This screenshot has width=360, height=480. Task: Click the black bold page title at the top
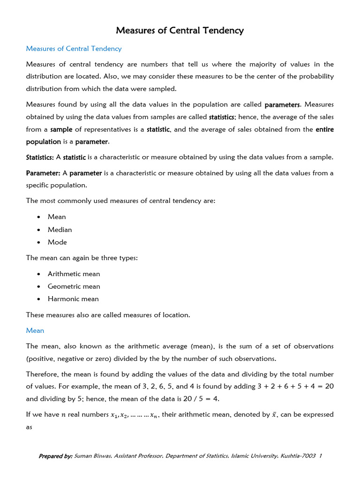tap(180, 31)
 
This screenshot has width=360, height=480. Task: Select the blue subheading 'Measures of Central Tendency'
tap(74, 49)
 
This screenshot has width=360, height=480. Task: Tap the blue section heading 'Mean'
tap(35, 330)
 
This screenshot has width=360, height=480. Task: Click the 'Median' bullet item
tap(60, 230)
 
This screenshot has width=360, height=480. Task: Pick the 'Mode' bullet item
tap(57, 242)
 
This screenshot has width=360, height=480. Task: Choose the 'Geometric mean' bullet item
tap(74, 286)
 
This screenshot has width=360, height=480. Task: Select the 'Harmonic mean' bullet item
tap(73, 299)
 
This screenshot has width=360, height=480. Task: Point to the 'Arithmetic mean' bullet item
tap(74, 274)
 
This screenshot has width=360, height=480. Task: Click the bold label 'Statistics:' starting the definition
tap(40, 157)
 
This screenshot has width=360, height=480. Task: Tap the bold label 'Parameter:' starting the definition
tap(41, 173)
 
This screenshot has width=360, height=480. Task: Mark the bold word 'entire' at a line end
tap(324, 129)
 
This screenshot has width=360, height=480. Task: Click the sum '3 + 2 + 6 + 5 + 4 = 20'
tap(294, 387)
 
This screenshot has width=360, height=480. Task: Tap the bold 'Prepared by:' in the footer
tap(55, 456)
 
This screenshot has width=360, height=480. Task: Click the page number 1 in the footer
tap(320, 456)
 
